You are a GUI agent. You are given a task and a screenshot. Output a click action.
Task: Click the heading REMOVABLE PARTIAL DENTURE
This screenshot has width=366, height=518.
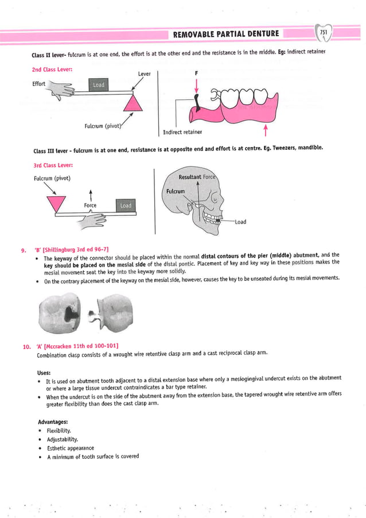coord(226,33)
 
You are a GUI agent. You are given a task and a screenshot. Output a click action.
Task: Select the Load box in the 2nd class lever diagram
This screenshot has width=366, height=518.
coord(99,85)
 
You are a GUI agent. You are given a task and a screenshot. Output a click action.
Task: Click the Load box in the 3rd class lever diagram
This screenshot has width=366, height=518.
coord(126,205)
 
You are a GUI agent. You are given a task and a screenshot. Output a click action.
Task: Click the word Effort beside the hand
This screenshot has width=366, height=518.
coord(40,83)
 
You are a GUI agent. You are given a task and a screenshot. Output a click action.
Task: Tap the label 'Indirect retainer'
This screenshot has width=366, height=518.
coord(182,132)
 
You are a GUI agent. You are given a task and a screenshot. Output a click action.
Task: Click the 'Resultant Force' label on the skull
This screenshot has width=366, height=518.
coord(197,177)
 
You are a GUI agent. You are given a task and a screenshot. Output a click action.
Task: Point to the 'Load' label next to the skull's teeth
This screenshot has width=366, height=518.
coord(239,222)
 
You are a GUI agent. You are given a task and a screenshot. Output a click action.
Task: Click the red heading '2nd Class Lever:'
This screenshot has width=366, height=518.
coord(56,69)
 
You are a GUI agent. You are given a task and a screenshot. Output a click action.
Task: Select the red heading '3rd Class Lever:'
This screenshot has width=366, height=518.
coord(56,165)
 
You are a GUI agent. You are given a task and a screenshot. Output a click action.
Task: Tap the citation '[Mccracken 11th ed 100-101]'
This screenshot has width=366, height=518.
coord(81,345)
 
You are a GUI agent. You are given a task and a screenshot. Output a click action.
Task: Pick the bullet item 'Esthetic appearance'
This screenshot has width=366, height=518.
coord(69,448)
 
